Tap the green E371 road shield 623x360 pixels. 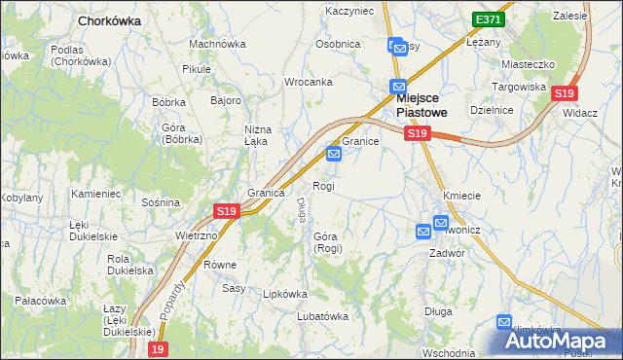[x=488, y=19]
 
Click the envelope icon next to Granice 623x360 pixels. [x=334, y=154]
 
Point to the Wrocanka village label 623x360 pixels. [x=309, y=82]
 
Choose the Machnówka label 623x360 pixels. [x=217, y=44]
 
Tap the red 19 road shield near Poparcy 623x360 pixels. [x=158, y=348]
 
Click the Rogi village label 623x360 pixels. [x=323, y=186]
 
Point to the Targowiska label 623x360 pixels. [x=523, y=87]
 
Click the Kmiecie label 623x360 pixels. [x=461, y=196]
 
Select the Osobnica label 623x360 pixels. [x=338, y=44]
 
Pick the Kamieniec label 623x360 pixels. [x=95, y=194]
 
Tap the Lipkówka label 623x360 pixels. [x=285, y=293]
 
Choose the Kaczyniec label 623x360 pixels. [x=349, y=11]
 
